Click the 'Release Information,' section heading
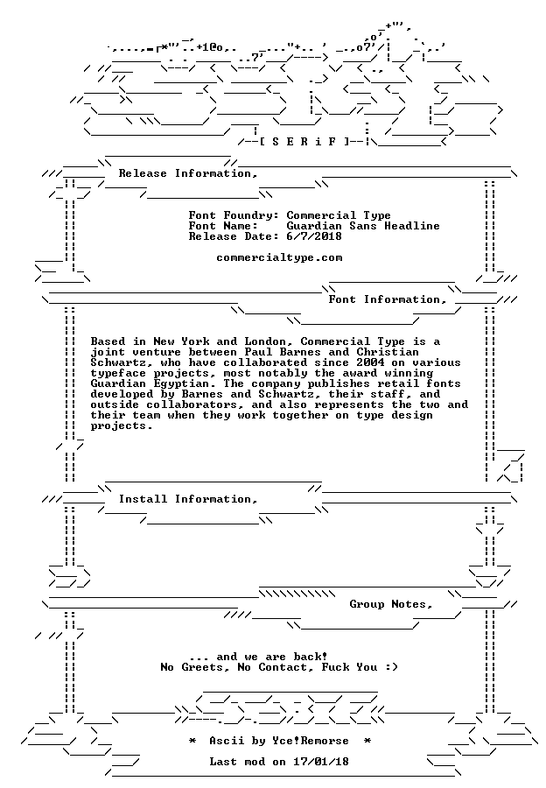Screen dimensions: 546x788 pyautogui.click(x=188, y=174)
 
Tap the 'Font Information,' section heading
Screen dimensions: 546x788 pyautogui.click(x=388, y=300)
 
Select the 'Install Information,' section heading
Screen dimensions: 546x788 pyautogui.click(x=188, y=500)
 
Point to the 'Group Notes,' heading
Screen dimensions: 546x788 pyautogui.click(x=391, y=604)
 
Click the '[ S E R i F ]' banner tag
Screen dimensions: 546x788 pyautogui.click(x=304, y=142)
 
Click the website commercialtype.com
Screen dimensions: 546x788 pyautogui.click(x=279, y=257)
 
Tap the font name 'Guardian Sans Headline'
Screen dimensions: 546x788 pyautogui.click(x=363, y=226)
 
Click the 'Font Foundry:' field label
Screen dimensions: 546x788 pyautogui.click(x=234, y=215)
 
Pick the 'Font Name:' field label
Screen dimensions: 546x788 pyautogui.click(x=223, y=226)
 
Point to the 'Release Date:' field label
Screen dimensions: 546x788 pyautogui.click(x=234, y=236)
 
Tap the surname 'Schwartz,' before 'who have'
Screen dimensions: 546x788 pyautogui.click(x=122, y=362)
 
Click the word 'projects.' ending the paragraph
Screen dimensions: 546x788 pyautogui.click(x=121, y=426)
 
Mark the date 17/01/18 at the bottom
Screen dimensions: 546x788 pyautogui.click(x=321, y=762)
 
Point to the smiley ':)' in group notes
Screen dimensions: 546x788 pyautogui.click(x=391, y=667)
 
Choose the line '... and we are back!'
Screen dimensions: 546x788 pyautogui.click(x=259, y=657)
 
